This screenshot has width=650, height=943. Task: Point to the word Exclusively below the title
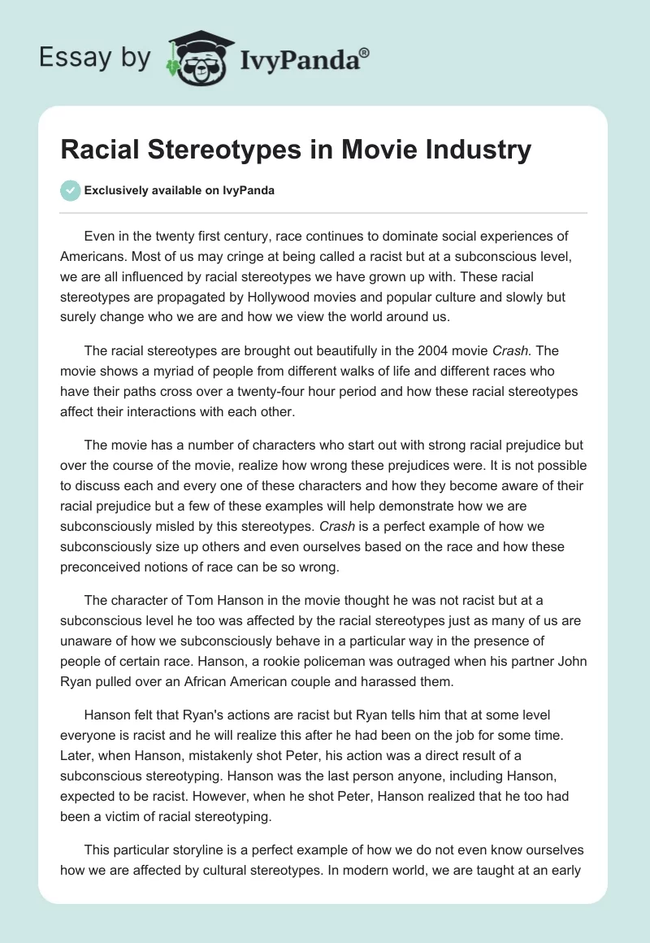pyautogui.click(x=116, y=190)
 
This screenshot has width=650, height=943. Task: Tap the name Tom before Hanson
pyautogui.click(x=196, y=602)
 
